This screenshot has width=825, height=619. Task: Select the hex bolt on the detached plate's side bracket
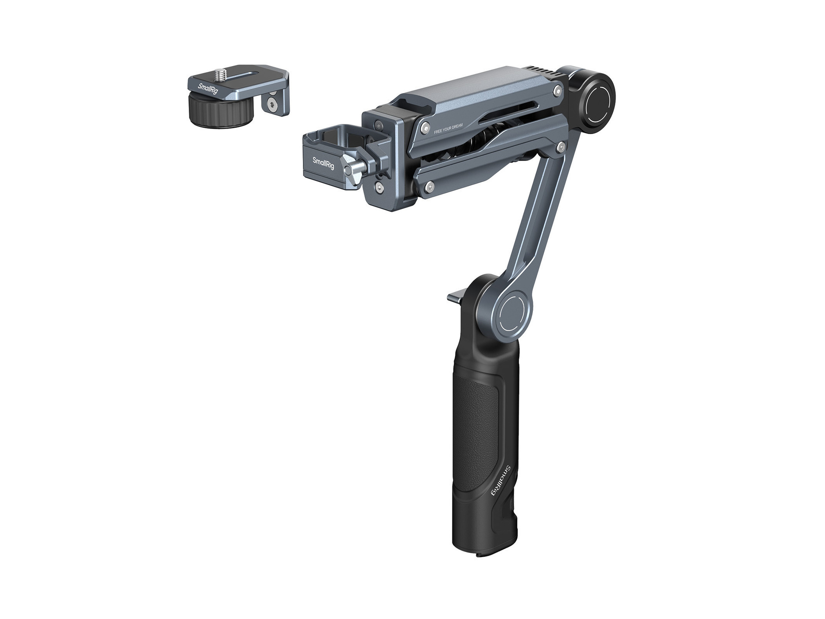coord(272,103)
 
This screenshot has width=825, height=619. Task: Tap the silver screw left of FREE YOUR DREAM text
coord(425,126)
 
